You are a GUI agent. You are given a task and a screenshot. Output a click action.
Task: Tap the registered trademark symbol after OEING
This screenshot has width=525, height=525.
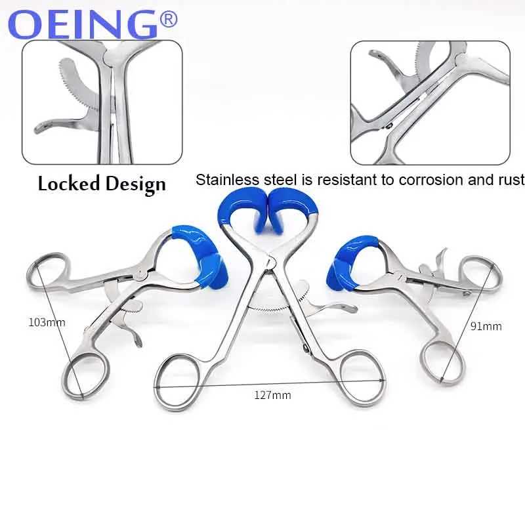pyautogui.click(x=169, y=20)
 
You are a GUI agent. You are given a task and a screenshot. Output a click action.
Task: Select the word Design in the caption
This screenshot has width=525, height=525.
pyautogui.click(x=134, y=184)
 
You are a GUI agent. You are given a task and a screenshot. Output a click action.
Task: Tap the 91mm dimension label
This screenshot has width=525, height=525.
pyautogui.click(x=487, y=326)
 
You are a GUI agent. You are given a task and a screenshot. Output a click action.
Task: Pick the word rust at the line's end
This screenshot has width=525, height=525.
pyautogui.click(x=510, y=180)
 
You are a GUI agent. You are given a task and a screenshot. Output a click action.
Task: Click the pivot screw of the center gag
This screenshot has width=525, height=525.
pyautogui.click(x=270, y=262)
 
